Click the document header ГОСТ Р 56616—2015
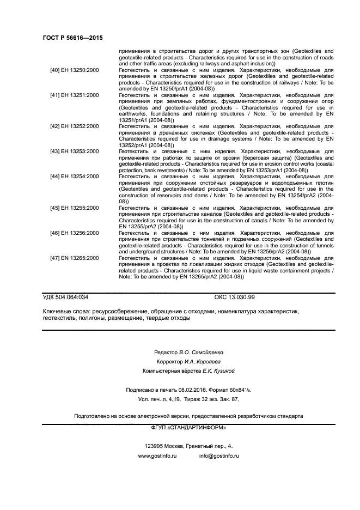[x=72, y=38]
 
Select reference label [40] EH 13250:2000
[x=74, y=70]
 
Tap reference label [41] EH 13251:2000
[x=74, y=95]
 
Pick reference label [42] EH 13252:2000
[x=74, y=126]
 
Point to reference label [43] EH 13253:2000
[x=74, y=151]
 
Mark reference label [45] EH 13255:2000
[x=74, y=208]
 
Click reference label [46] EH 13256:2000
[x=74, y=233]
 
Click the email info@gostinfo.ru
[x=219, y=456]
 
